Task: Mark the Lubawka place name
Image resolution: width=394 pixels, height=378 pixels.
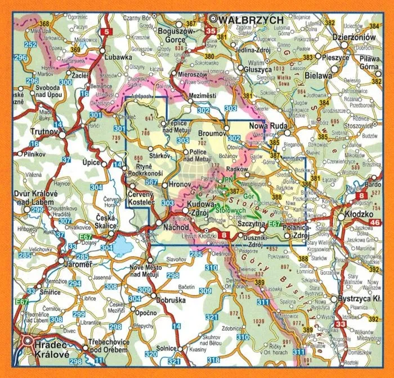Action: click(x=117, y=57)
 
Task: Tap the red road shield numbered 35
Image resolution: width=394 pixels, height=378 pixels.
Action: click(x=211, y=32)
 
